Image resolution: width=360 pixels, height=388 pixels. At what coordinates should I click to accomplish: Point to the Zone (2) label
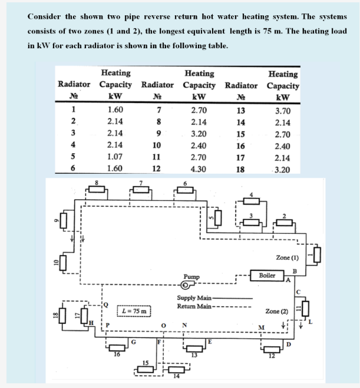[x=276, y=310]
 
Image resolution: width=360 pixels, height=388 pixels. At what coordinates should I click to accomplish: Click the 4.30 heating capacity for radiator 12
[x=199, y=168]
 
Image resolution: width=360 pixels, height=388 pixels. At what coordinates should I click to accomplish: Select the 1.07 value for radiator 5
[x=115, y=157]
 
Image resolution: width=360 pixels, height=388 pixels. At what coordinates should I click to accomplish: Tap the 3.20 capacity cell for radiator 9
[x=199, y=134]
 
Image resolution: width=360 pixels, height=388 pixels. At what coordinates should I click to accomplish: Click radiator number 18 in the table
[x=240, y=168]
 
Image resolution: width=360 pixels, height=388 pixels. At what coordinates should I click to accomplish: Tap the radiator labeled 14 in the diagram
[x=175, y=369]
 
